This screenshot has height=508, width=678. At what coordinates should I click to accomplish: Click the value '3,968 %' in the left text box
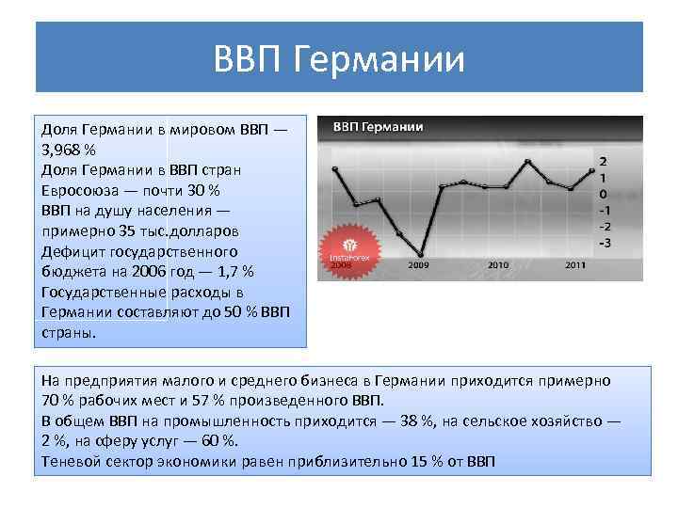tap(69, 151)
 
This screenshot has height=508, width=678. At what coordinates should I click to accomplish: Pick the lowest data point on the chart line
tap(420, 255)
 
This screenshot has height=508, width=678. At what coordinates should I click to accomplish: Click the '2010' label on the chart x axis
tap(498, 266)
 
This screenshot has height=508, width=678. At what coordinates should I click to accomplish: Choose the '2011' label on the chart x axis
tap(575, 266)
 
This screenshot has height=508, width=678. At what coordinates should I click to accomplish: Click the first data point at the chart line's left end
tap(335, 169)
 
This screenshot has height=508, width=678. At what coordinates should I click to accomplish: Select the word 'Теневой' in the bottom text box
tap(72, 462)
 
